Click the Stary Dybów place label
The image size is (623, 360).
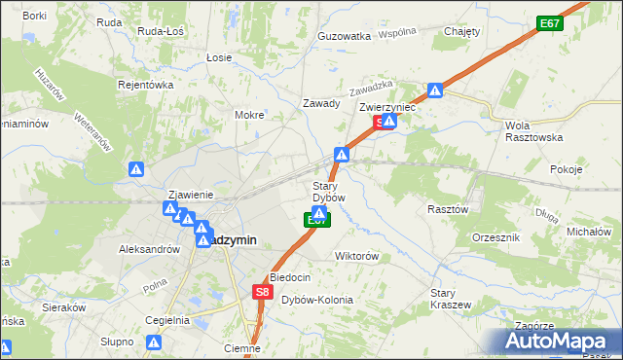coord(328,191)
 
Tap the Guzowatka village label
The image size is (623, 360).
coord(345,36)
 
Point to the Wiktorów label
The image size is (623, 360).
coord(355,256)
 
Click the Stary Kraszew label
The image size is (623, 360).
coord(451,298)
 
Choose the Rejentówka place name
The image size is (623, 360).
coord(146,85)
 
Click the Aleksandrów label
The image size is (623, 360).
coord(150,249)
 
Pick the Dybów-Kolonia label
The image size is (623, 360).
coord(316,300)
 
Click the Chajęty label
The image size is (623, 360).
coord(462,31)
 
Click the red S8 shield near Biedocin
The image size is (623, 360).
coord(261,291)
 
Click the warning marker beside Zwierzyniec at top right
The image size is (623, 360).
coord(436,91)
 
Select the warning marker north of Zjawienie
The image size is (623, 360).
coord(136,169)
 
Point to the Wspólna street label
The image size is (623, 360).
coord(397,32)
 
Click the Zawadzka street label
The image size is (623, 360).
coord(370,86)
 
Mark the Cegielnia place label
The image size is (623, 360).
coord(167,320)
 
